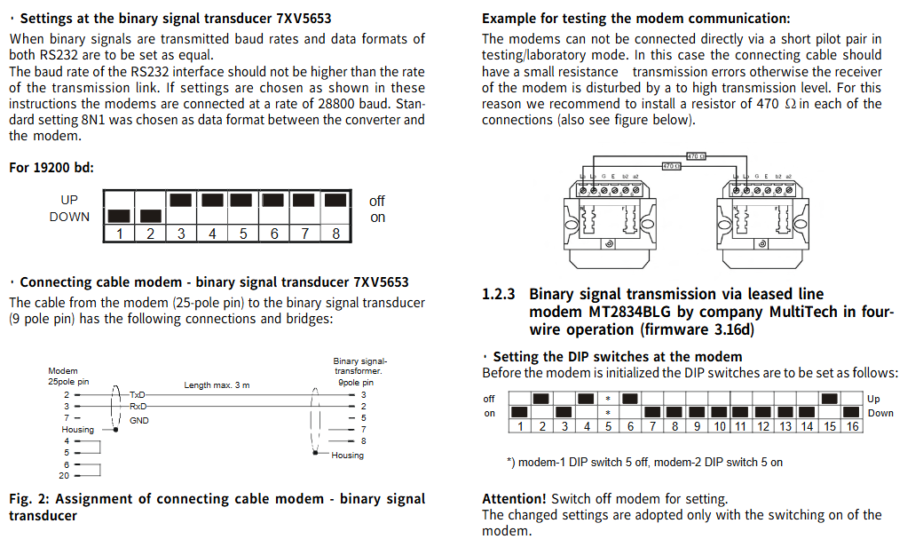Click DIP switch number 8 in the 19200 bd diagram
[335, 234]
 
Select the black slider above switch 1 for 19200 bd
[117, 216]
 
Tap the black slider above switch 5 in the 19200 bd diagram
[243, 200]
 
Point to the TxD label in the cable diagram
[138, 394]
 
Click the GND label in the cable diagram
[139, 419]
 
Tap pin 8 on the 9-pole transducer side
[362, 440]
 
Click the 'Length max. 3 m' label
[217, 385]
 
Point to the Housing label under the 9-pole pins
[347, 456]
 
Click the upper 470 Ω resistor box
[696, 156]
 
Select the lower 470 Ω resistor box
[671, 165]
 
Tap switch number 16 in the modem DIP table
[851, 427]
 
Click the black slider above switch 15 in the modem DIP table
[829, 399]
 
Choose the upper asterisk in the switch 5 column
[608, 399]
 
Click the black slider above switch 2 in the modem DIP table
[541, 399]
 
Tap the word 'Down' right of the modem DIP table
[880, 413]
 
